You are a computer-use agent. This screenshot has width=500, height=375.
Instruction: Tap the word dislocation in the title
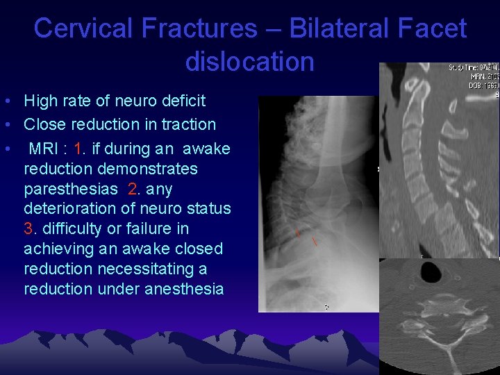pos(250,62)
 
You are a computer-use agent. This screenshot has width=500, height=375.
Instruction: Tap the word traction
pos(188,125)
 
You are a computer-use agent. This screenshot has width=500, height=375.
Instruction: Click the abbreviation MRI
pos(44,149)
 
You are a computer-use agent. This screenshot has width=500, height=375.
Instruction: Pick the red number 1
pos(77,149)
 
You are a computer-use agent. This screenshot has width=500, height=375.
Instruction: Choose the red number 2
pos(132,189)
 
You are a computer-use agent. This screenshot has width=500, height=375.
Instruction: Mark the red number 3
pos(28,228)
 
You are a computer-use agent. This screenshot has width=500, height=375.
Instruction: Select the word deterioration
pos(69,209)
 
